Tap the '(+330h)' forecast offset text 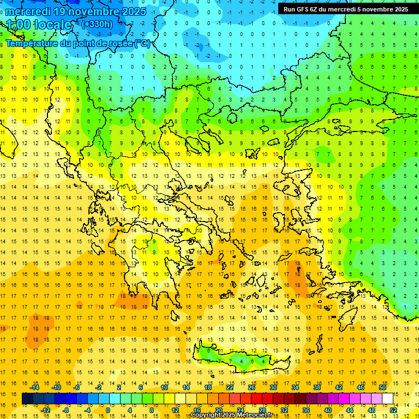pyautogui.click(x=97, y=24)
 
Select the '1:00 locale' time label pyautogui.click(x=39, y=25)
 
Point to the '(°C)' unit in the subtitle pyautogui.click(x=142, y=43)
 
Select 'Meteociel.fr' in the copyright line pyautogui.click(x=255, y=415)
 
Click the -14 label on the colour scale pyautogui.click(x=35, y=387)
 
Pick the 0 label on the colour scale pyautogui.click(x=108, y=410)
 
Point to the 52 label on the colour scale pyautogui.click(x=393, y=410)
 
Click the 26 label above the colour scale pyautogui.click(x=252, y=387)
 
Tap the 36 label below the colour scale pyautogui.click(x=306, y=410)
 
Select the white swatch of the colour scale pyautogui.click(x=388, y=399)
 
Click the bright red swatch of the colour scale pyautogui.click(x=257, y=399)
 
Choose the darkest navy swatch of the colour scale pyautogui.click(x=28, y=399)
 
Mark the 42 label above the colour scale pyautogui.click(x=339, y=387)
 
